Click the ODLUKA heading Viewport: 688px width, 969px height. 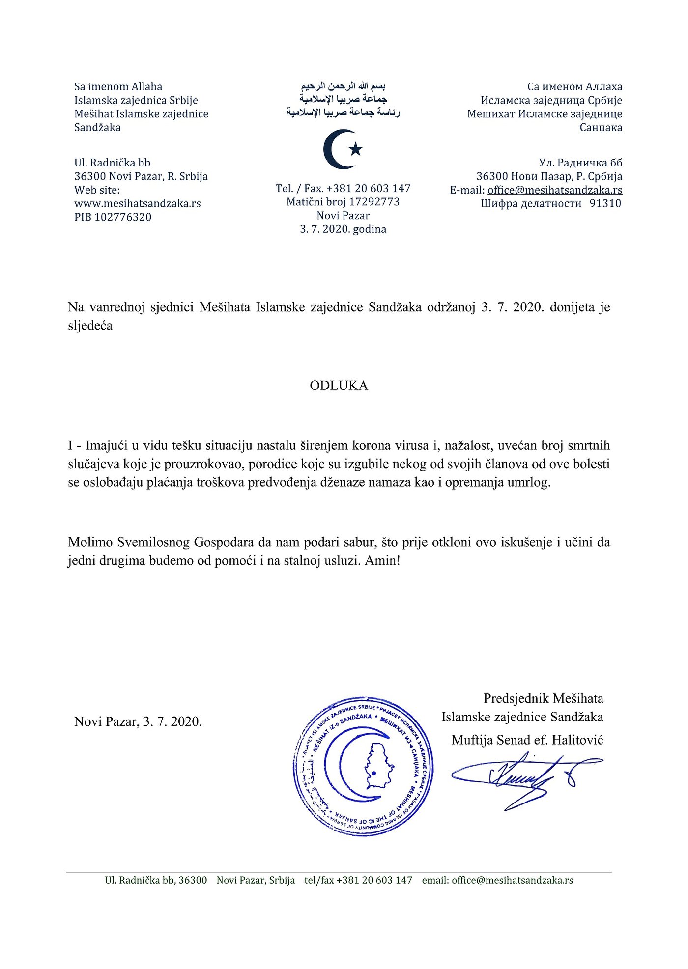339,386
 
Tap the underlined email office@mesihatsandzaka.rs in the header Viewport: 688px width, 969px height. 555,190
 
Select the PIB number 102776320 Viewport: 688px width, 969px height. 122,217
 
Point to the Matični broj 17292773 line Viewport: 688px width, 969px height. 343,202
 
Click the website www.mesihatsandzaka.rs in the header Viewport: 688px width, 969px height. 138,203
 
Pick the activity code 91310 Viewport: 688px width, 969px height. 605,204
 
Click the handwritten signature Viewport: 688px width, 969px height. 526,777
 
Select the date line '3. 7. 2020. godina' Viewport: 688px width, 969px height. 343,229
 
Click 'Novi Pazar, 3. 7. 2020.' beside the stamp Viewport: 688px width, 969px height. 138,721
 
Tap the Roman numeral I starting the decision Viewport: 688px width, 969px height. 71,445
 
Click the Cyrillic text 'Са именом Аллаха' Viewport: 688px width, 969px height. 574,87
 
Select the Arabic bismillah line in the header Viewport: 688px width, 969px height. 343,87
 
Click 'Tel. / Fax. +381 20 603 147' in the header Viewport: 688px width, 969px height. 343,189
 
